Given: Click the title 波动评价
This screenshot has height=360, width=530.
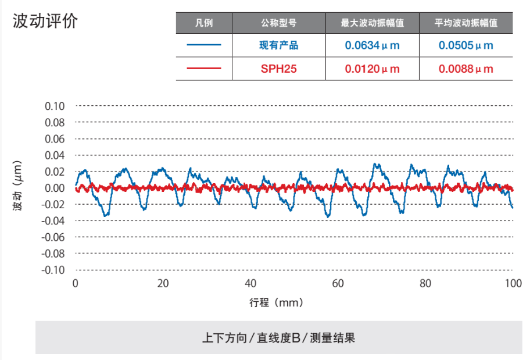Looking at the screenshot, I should (x=45, y=22).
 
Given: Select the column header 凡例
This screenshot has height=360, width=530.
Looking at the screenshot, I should (x=204, y=23).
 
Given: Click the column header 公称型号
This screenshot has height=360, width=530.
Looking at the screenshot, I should (x=279, y=23).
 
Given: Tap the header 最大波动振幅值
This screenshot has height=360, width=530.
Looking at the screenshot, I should (x=373, y=23).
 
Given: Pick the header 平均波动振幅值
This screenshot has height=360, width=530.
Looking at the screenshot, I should (x=466, y=23).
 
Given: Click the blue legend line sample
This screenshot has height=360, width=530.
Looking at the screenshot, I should (x=204, y=45).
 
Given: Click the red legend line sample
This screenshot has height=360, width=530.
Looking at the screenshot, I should (x=204, y=69).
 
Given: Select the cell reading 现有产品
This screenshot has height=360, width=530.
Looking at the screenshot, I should (x=279, y=45).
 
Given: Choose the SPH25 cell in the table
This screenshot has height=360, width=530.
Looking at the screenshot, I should (x=279, y=69).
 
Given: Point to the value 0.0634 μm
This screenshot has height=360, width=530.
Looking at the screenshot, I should (x=373, y=45).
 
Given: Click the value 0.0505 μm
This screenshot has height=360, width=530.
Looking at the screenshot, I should (x=466, y=45).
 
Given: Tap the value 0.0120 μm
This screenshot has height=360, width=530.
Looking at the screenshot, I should (x=373, y=69).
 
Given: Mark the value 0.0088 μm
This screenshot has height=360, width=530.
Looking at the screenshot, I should (x=466, y=69).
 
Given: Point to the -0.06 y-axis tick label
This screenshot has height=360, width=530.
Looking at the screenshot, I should (x=53, y=237).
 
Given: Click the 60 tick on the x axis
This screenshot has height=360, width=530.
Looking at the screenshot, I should (x=338, y=283).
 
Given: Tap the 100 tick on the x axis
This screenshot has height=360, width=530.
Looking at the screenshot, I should (x=513, y=283).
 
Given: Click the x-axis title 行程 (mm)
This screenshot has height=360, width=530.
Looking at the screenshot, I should (x=277, y=302).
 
